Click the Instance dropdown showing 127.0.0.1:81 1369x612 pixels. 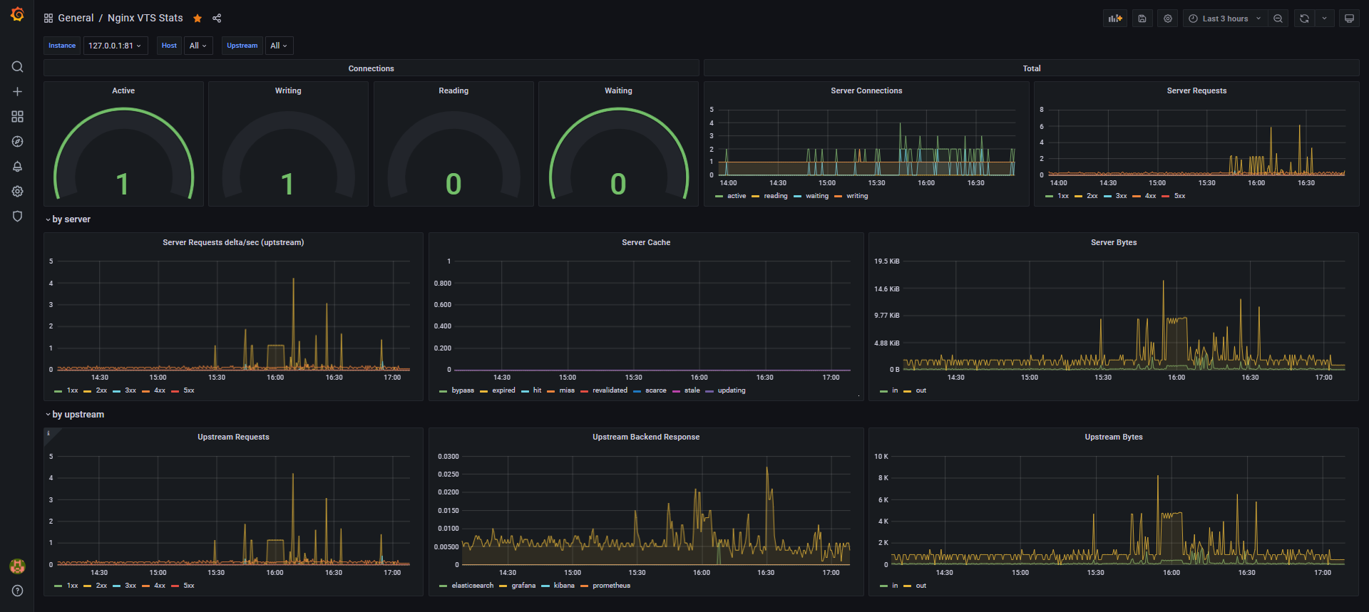(115, 46)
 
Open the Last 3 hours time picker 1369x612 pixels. (1224, 19)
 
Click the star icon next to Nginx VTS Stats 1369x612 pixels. (198, 19)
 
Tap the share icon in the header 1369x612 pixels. (217, 19)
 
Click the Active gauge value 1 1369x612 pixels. (123, 184)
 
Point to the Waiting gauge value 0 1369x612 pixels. (618, 184)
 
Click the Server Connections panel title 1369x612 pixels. (866, 90)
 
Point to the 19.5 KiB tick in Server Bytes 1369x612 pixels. (887, 261)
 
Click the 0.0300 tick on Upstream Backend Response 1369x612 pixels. (448, 457)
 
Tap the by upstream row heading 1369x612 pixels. (78, 415)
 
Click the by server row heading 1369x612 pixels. (71, 219)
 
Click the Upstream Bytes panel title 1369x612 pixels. (1114, 437)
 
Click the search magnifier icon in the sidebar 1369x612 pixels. (18, 67)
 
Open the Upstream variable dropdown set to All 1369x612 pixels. (279, 46)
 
